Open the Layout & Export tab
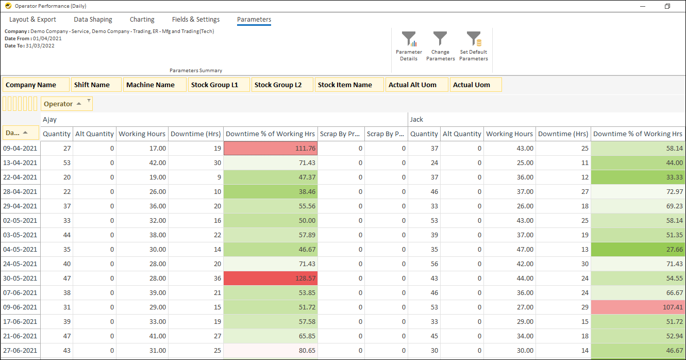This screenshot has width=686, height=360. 32,20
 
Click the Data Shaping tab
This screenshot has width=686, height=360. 93,20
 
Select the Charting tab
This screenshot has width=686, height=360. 142,20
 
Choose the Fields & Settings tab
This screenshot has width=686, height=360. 196,20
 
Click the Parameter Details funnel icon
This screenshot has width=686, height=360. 409,40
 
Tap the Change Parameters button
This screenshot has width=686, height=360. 440,40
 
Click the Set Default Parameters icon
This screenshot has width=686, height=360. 473,40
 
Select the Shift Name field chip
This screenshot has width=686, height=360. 96,85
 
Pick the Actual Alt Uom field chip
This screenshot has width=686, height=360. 416,85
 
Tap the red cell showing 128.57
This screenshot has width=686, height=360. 271,279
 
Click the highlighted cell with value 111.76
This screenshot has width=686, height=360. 271,149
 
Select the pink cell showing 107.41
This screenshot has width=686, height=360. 638,307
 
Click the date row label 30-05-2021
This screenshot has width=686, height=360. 21,279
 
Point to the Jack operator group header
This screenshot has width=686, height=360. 416,120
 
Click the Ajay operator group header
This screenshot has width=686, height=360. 50,120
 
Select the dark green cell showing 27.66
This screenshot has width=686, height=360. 638,250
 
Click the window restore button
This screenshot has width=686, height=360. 667,6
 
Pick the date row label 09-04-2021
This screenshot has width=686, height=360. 21,149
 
